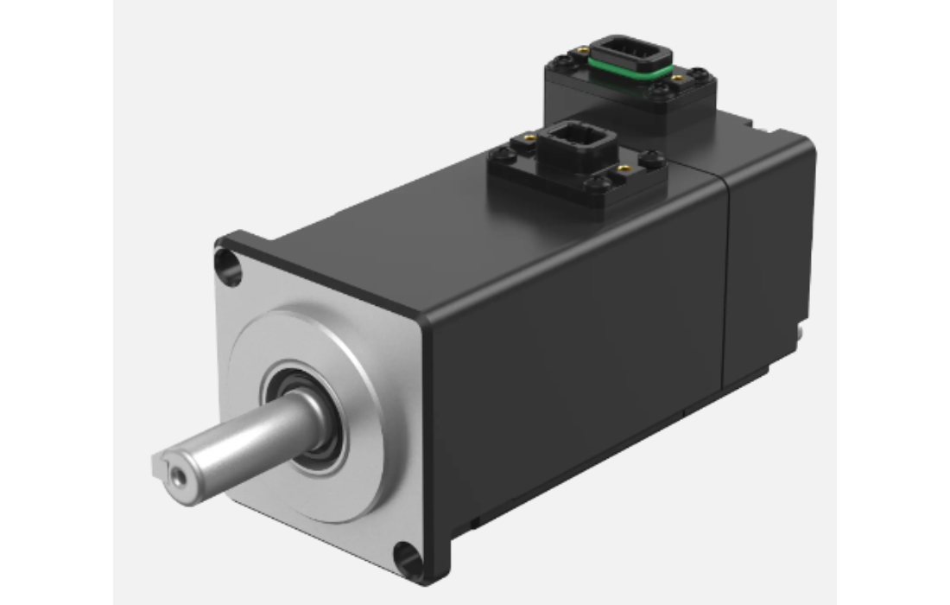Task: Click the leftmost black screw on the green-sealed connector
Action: (x=561, y=61)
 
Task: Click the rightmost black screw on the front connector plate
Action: (x=652, y=158)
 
